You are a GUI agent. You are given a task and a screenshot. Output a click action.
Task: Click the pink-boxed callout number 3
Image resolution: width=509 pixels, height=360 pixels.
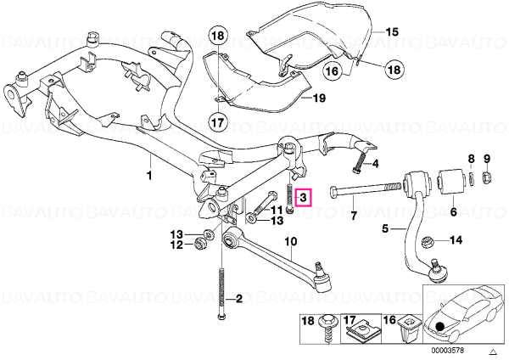click(303, 197)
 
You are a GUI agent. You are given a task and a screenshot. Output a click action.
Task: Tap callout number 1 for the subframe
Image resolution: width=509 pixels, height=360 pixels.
click(149, 176)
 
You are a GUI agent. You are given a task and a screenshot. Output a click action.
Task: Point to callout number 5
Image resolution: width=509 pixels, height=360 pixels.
click(385, 228)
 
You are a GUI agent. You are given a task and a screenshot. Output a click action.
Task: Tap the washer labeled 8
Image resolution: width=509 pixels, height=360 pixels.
click(472, 180)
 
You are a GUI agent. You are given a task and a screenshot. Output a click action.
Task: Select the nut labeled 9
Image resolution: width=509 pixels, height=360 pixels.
click(487, 177)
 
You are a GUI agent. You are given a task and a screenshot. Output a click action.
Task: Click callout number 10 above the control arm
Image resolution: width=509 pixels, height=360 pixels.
click(290, 242)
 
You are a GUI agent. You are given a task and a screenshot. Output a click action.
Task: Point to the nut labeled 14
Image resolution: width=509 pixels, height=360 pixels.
click(426, 242)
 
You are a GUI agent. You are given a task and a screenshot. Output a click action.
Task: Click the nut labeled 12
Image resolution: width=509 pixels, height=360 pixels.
click(200, 244)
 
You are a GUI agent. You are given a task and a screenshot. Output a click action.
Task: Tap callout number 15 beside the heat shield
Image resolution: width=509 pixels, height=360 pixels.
click(392, 32)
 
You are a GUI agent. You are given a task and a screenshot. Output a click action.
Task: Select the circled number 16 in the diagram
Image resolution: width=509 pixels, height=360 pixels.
click(333, 70)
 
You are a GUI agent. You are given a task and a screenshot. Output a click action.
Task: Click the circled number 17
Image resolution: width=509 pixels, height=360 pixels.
click(218, 122)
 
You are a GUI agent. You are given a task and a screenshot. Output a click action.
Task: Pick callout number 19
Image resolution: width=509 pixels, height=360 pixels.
click(320, 98)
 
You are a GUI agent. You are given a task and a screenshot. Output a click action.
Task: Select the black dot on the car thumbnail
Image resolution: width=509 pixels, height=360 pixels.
click(439, 326)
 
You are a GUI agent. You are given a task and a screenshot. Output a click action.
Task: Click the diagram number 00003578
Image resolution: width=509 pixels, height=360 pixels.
click(448, 351)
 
